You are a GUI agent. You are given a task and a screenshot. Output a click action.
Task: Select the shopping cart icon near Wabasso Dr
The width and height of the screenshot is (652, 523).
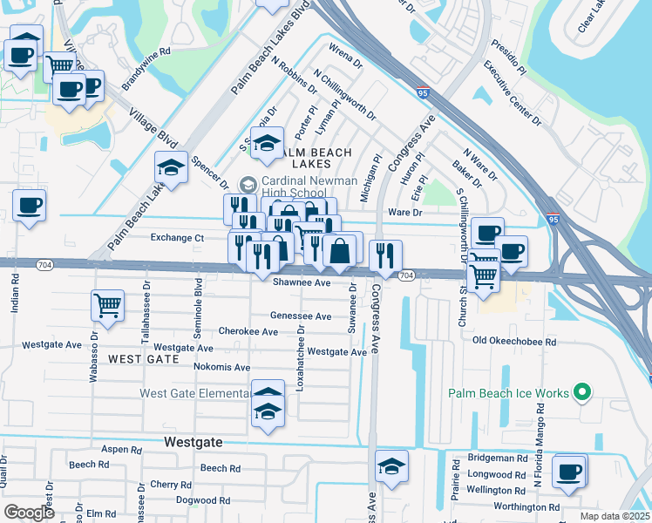tap(107, 306)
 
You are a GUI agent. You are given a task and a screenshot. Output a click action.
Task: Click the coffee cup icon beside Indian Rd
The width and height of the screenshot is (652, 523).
tap(29, 206)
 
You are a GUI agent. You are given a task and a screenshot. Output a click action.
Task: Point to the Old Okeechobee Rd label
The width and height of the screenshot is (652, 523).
tap(513, 342)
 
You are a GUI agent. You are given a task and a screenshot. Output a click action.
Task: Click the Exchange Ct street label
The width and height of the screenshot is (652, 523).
tap(177, 237)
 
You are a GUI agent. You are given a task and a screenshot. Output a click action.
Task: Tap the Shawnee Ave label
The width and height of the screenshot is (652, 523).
tap(302, 282)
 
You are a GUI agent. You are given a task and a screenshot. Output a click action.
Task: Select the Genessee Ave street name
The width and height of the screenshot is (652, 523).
tap(301, 316)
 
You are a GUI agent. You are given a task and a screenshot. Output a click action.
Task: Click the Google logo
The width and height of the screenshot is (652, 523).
tap(29, 513)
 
